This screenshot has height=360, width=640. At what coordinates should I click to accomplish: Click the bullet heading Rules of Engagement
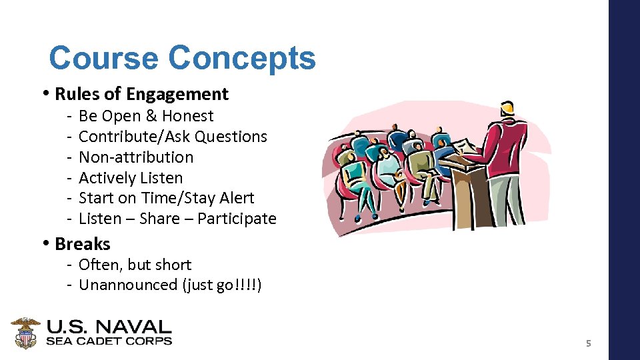141,94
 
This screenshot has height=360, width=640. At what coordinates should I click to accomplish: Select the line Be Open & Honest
146,116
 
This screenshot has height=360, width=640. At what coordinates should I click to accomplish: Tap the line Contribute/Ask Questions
173,137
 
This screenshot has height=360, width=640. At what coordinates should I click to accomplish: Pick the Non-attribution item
136,157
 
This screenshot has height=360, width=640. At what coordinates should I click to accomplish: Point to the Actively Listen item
131,178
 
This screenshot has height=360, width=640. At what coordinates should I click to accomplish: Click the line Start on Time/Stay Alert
166,198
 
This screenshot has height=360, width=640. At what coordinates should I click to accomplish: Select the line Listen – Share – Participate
177,219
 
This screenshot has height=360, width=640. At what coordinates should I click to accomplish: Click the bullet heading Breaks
82,244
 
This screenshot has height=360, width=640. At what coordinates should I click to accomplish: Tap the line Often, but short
135,265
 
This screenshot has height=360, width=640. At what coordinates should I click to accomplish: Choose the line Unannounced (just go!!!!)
170,285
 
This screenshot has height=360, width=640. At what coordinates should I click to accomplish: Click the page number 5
588,344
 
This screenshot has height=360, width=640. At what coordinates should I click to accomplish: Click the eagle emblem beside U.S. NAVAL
26,333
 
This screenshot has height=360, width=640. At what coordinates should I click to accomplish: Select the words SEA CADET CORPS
109,341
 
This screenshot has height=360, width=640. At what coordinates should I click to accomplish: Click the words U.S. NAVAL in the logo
109,327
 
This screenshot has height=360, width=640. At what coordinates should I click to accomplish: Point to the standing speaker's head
507,108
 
